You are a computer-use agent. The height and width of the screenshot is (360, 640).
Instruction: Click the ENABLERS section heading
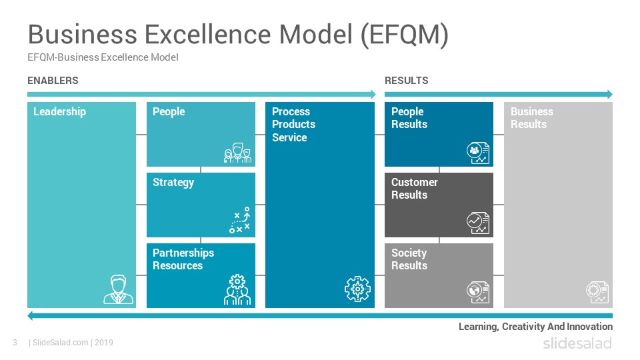coord(53,81)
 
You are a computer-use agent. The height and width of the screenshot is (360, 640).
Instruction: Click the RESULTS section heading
coord(407,81)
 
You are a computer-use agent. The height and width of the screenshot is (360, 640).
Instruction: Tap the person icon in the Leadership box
coord(119,289)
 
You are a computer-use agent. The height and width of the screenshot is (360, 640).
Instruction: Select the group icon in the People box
coord(237,153)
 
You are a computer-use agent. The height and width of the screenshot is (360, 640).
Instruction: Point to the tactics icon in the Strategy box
coord(239,221)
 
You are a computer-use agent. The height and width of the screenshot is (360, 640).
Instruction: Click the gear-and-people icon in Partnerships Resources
coord(237,290)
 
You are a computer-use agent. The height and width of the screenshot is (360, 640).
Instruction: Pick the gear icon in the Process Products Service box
coord(357,289)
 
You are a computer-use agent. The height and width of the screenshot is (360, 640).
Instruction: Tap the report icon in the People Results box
coord(478,153)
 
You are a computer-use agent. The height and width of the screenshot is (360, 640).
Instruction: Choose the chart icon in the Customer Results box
coord(478,223)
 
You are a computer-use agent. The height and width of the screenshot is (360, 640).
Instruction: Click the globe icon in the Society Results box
coord(478,292)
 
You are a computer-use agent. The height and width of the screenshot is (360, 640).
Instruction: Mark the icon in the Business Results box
coord(597,292)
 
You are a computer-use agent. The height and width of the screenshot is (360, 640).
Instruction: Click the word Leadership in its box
coord(59,112)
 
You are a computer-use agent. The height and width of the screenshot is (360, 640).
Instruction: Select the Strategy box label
coord(173,183)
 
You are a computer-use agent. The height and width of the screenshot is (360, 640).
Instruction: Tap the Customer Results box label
coord(414,188)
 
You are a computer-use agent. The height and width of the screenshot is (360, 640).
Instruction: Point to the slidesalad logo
coord(577,343)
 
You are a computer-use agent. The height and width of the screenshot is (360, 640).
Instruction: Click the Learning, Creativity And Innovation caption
coord(535,327)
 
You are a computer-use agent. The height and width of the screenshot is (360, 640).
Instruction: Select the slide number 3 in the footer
coord(15,343)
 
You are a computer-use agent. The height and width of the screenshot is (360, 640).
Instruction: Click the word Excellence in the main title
coord(208,34)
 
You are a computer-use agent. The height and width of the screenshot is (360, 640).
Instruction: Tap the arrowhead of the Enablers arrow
coord(373,94)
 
